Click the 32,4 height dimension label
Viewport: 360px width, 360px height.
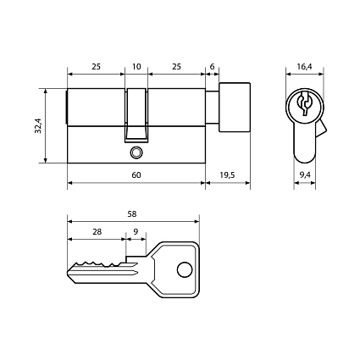click(38, 125)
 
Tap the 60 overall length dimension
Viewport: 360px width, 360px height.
click(136, 175)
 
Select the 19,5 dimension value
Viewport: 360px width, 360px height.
click(227, 175)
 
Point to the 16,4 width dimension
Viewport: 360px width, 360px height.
click(304, 67)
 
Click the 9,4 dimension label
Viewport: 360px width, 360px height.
click(305, 175)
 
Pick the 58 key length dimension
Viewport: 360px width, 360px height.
click(132, 214)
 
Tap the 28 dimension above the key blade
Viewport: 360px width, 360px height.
click(97, 232)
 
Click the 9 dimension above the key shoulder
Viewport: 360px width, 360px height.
click(136, 232)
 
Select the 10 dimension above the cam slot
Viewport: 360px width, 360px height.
click(136, 67)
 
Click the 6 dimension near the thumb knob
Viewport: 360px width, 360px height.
click(213, 67)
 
